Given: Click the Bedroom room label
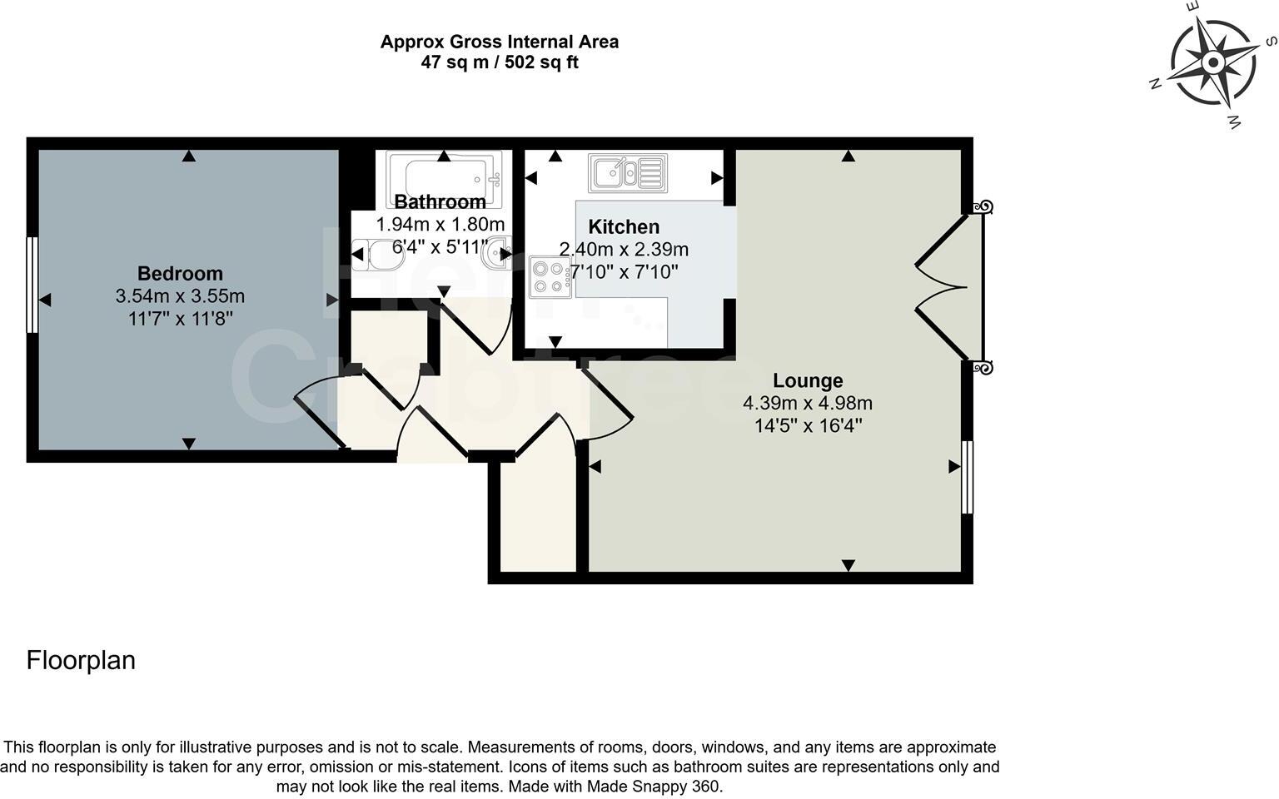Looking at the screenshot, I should tap(180, 273).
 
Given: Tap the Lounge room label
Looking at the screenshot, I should tap(808, 380).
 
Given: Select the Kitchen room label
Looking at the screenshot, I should tap(624, 226).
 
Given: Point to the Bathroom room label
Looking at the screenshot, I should tap(440, 201).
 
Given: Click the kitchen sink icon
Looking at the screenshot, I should tap(628, 173).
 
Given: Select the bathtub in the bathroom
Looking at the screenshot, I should tap(445, 176).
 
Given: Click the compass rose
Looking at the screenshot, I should tap(1213, 63).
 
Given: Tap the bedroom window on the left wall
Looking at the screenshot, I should tap(32, 285).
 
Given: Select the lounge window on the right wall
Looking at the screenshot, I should tap(967, 477).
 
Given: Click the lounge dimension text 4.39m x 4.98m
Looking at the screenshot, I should tap(808, 404).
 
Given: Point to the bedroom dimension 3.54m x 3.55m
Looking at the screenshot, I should tap(180, 296).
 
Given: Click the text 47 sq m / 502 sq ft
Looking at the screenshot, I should tap(499, 62).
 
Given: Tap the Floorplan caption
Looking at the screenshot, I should tap(81, 660).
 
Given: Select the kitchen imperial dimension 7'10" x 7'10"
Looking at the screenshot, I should tap(624, 271).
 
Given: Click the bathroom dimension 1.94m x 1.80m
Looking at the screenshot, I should tap(440, 225).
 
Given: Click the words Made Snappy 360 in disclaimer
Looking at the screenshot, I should tap(654, 786).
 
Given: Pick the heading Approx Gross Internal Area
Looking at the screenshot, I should tap(499, 42).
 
